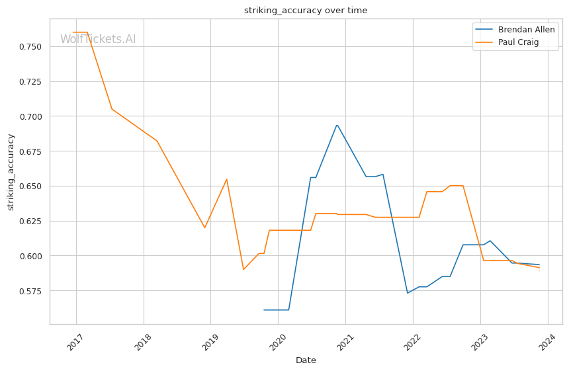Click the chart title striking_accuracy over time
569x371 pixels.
306,10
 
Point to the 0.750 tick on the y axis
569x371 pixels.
30,47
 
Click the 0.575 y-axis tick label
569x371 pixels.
30,291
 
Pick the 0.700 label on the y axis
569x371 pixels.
30,116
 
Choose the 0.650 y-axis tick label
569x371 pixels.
30,186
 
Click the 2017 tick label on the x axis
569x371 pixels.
76,342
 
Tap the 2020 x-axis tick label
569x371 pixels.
278,342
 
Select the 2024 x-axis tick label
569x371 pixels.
547,342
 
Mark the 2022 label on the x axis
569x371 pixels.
413,342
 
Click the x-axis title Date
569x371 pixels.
306,360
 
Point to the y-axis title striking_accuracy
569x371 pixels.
11,172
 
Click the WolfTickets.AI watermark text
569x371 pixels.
98,39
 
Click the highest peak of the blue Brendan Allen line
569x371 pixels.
337,125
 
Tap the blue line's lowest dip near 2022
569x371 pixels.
408,293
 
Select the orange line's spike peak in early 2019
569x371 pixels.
227,179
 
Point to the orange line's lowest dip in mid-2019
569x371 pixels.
243,269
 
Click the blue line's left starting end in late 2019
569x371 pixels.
264,310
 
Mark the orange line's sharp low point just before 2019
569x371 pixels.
204,227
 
